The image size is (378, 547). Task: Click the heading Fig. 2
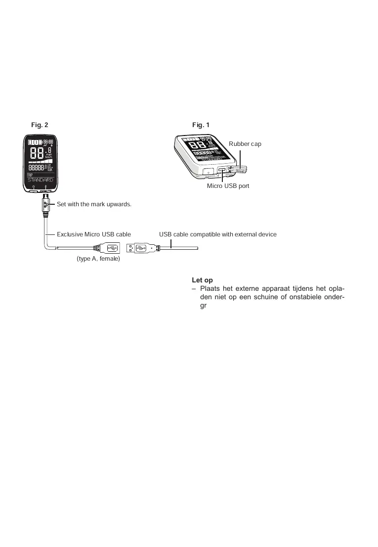40,125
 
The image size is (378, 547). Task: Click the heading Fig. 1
201,125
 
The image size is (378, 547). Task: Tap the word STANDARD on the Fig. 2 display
40,180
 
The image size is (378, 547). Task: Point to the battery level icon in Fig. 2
35,142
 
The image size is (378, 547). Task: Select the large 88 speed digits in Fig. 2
36,153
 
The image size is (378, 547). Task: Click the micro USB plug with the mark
45,203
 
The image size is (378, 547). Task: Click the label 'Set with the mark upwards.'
94,204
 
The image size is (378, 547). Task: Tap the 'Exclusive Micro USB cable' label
94,234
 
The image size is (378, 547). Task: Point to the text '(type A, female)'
98,259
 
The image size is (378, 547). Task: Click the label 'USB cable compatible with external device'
217,234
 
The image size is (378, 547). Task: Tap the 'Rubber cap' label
245,143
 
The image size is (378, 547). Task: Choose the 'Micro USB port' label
228,186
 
